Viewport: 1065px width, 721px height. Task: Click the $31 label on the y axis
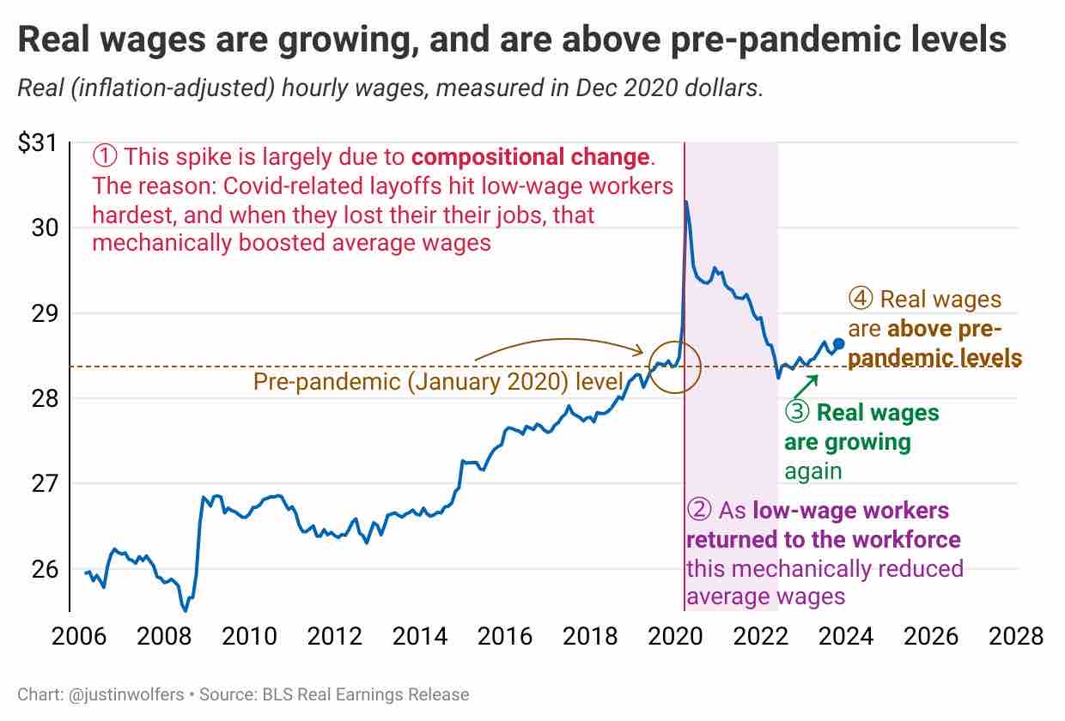tap(37, 143)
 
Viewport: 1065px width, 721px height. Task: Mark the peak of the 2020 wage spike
tap(686, 202)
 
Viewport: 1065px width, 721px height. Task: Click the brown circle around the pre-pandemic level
tap(675, 367)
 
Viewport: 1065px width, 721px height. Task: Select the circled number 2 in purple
tap(700, 511)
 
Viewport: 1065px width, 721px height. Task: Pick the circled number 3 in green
tap(797, 413)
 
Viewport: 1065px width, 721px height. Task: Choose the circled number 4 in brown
tap(861, 300)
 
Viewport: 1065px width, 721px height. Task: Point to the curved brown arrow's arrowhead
tap(639, 351)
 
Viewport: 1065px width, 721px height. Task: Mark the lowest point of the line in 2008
tap(185, 610)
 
